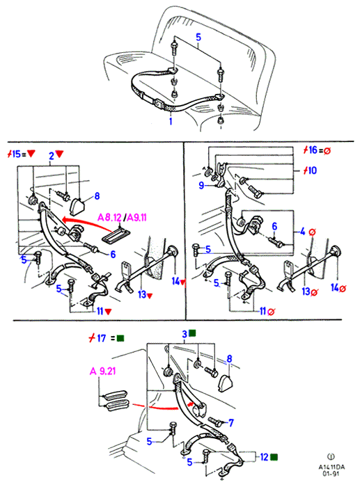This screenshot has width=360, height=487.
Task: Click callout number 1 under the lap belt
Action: [171, 121]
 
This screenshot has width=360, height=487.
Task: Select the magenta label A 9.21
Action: [103, 371]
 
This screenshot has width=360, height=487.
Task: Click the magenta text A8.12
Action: [109, 217]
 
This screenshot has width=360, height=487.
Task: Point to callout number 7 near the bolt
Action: [231, 422]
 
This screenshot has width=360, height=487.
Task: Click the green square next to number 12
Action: [274, 457]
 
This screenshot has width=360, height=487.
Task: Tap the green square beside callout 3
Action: [192, 333]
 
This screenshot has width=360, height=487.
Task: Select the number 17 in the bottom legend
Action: [102, 338]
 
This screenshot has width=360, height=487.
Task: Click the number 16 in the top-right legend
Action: [313, 150]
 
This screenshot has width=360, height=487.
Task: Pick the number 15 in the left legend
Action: [16, 154]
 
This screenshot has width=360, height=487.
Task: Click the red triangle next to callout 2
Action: [59, 154]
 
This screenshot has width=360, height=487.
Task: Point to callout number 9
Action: [201, 186]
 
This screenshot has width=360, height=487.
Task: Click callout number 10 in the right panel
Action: [312, 170]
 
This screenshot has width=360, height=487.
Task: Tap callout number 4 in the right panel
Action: [302, 232]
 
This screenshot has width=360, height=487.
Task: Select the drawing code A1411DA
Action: [331, 467]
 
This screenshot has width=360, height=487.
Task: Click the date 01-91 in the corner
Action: [331, 474]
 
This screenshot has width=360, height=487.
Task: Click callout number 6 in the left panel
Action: [114, 255]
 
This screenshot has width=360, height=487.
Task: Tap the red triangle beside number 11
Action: [108, 312]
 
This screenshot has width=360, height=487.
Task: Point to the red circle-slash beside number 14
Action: [343, 289]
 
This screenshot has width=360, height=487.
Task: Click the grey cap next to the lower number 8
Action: [226, 383]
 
